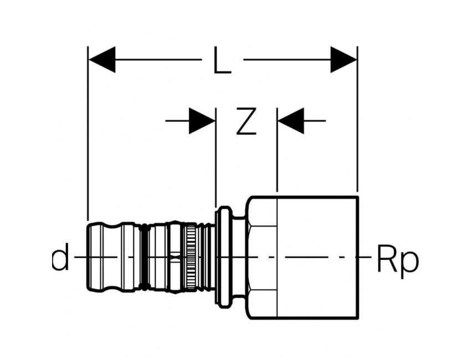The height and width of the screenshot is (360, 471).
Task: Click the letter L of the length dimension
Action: tap(222, 60)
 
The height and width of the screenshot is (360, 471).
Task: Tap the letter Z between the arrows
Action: tap(247, 121)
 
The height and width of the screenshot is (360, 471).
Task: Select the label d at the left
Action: tap(60, 257)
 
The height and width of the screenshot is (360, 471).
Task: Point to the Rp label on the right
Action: tap(397, 259)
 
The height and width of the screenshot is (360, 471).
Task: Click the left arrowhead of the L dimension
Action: tap(102, 60)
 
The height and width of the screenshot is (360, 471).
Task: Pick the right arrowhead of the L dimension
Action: tap(344, 60)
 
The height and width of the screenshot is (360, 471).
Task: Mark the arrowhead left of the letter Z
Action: tap(202, 121)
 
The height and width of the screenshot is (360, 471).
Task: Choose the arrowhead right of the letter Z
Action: tap(291, 121)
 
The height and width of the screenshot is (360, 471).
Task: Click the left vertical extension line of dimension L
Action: tap(88, 133)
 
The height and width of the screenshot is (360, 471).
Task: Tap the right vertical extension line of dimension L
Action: tap(357, 119)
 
